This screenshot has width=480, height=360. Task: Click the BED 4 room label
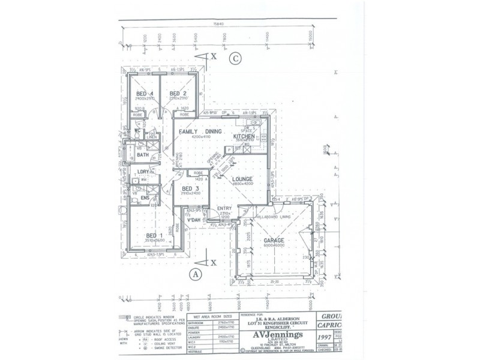[x=144, y=94]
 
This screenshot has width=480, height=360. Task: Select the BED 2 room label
[x=178, y=94]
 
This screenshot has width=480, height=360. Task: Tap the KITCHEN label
[x=245, y=136]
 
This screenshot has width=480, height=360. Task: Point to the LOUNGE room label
[x=242, y=179]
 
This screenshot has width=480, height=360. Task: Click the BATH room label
[x=143, y=155]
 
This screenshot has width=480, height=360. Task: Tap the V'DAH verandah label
[x=194, y=220]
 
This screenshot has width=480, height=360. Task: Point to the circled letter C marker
[x=236, y=58]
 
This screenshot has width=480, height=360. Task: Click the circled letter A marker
[x=194, y=275]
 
